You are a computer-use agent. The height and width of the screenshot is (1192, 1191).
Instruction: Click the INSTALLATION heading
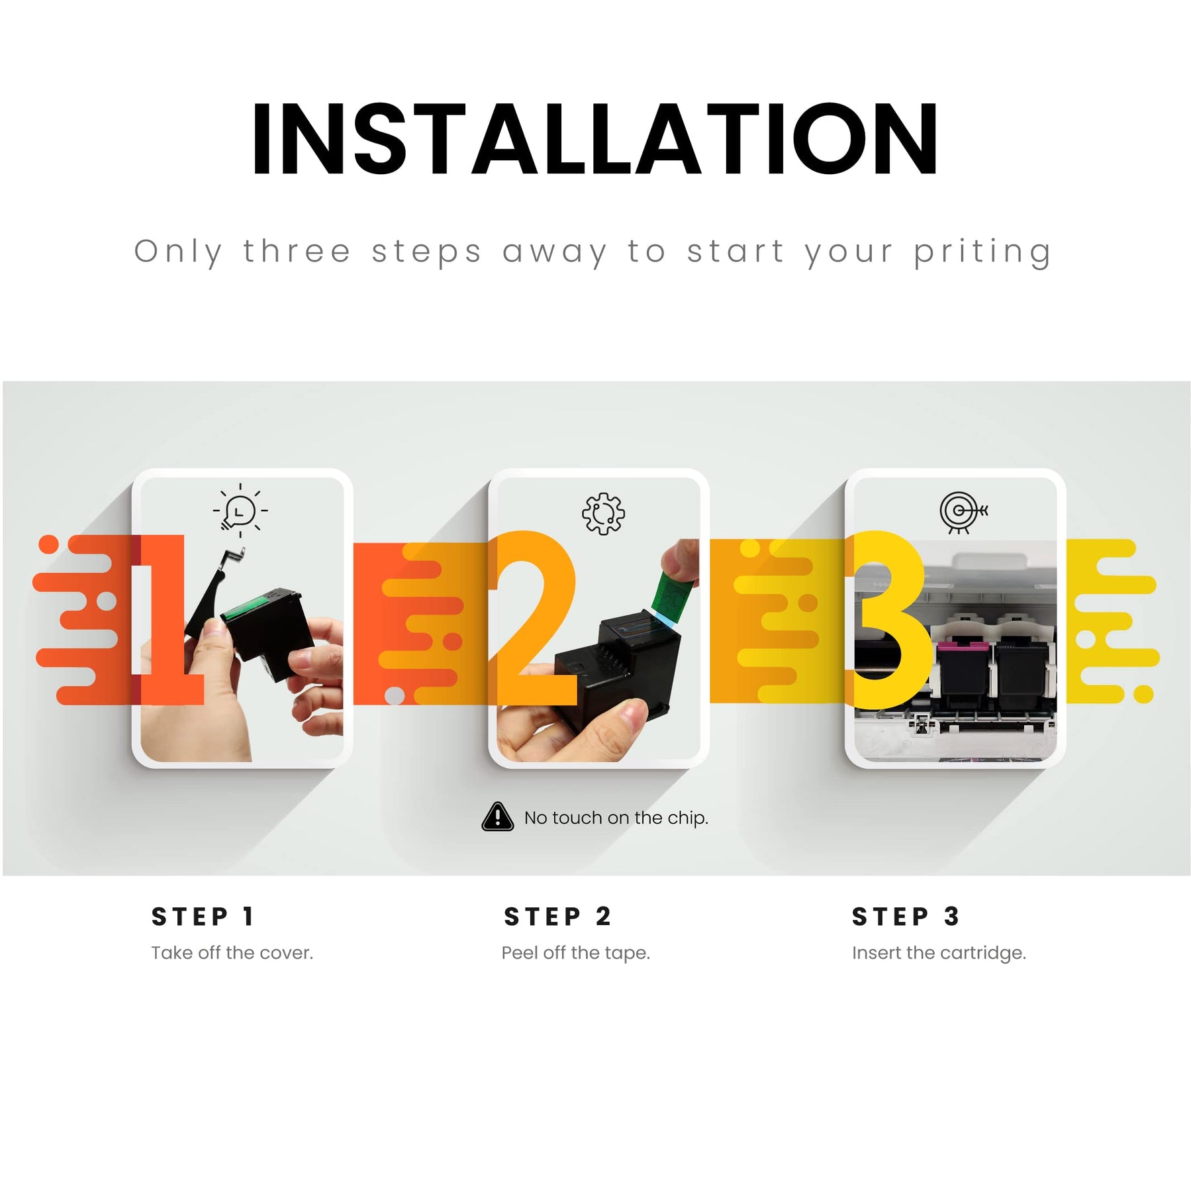pos(595,140)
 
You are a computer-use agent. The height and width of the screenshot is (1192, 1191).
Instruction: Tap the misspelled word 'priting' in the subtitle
pos(982,253)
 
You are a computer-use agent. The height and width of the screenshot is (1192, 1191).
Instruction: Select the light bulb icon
pos(240,511)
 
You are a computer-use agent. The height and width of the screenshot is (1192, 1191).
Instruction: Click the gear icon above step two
pos(602,513)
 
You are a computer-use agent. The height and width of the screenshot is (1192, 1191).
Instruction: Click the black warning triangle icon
pos(497,817)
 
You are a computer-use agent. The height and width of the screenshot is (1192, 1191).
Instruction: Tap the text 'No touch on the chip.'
pos(616,818)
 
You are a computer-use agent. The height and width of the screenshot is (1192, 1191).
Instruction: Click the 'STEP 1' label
pos(203,917)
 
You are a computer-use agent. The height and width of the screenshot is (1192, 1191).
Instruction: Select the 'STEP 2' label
pos(557,917)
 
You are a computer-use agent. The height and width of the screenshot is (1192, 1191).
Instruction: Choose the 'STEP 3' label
pos(905,917)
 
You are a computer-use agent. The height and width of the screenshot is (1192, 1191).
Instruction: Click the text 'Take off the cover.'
pos(232,953)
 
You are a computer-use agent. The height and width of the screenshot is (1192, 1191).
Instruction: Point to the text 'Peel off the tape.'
pos(575,953)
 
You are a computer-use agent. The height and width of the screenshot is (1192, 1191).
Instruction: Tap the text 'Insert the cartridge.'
pos(939,953)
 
